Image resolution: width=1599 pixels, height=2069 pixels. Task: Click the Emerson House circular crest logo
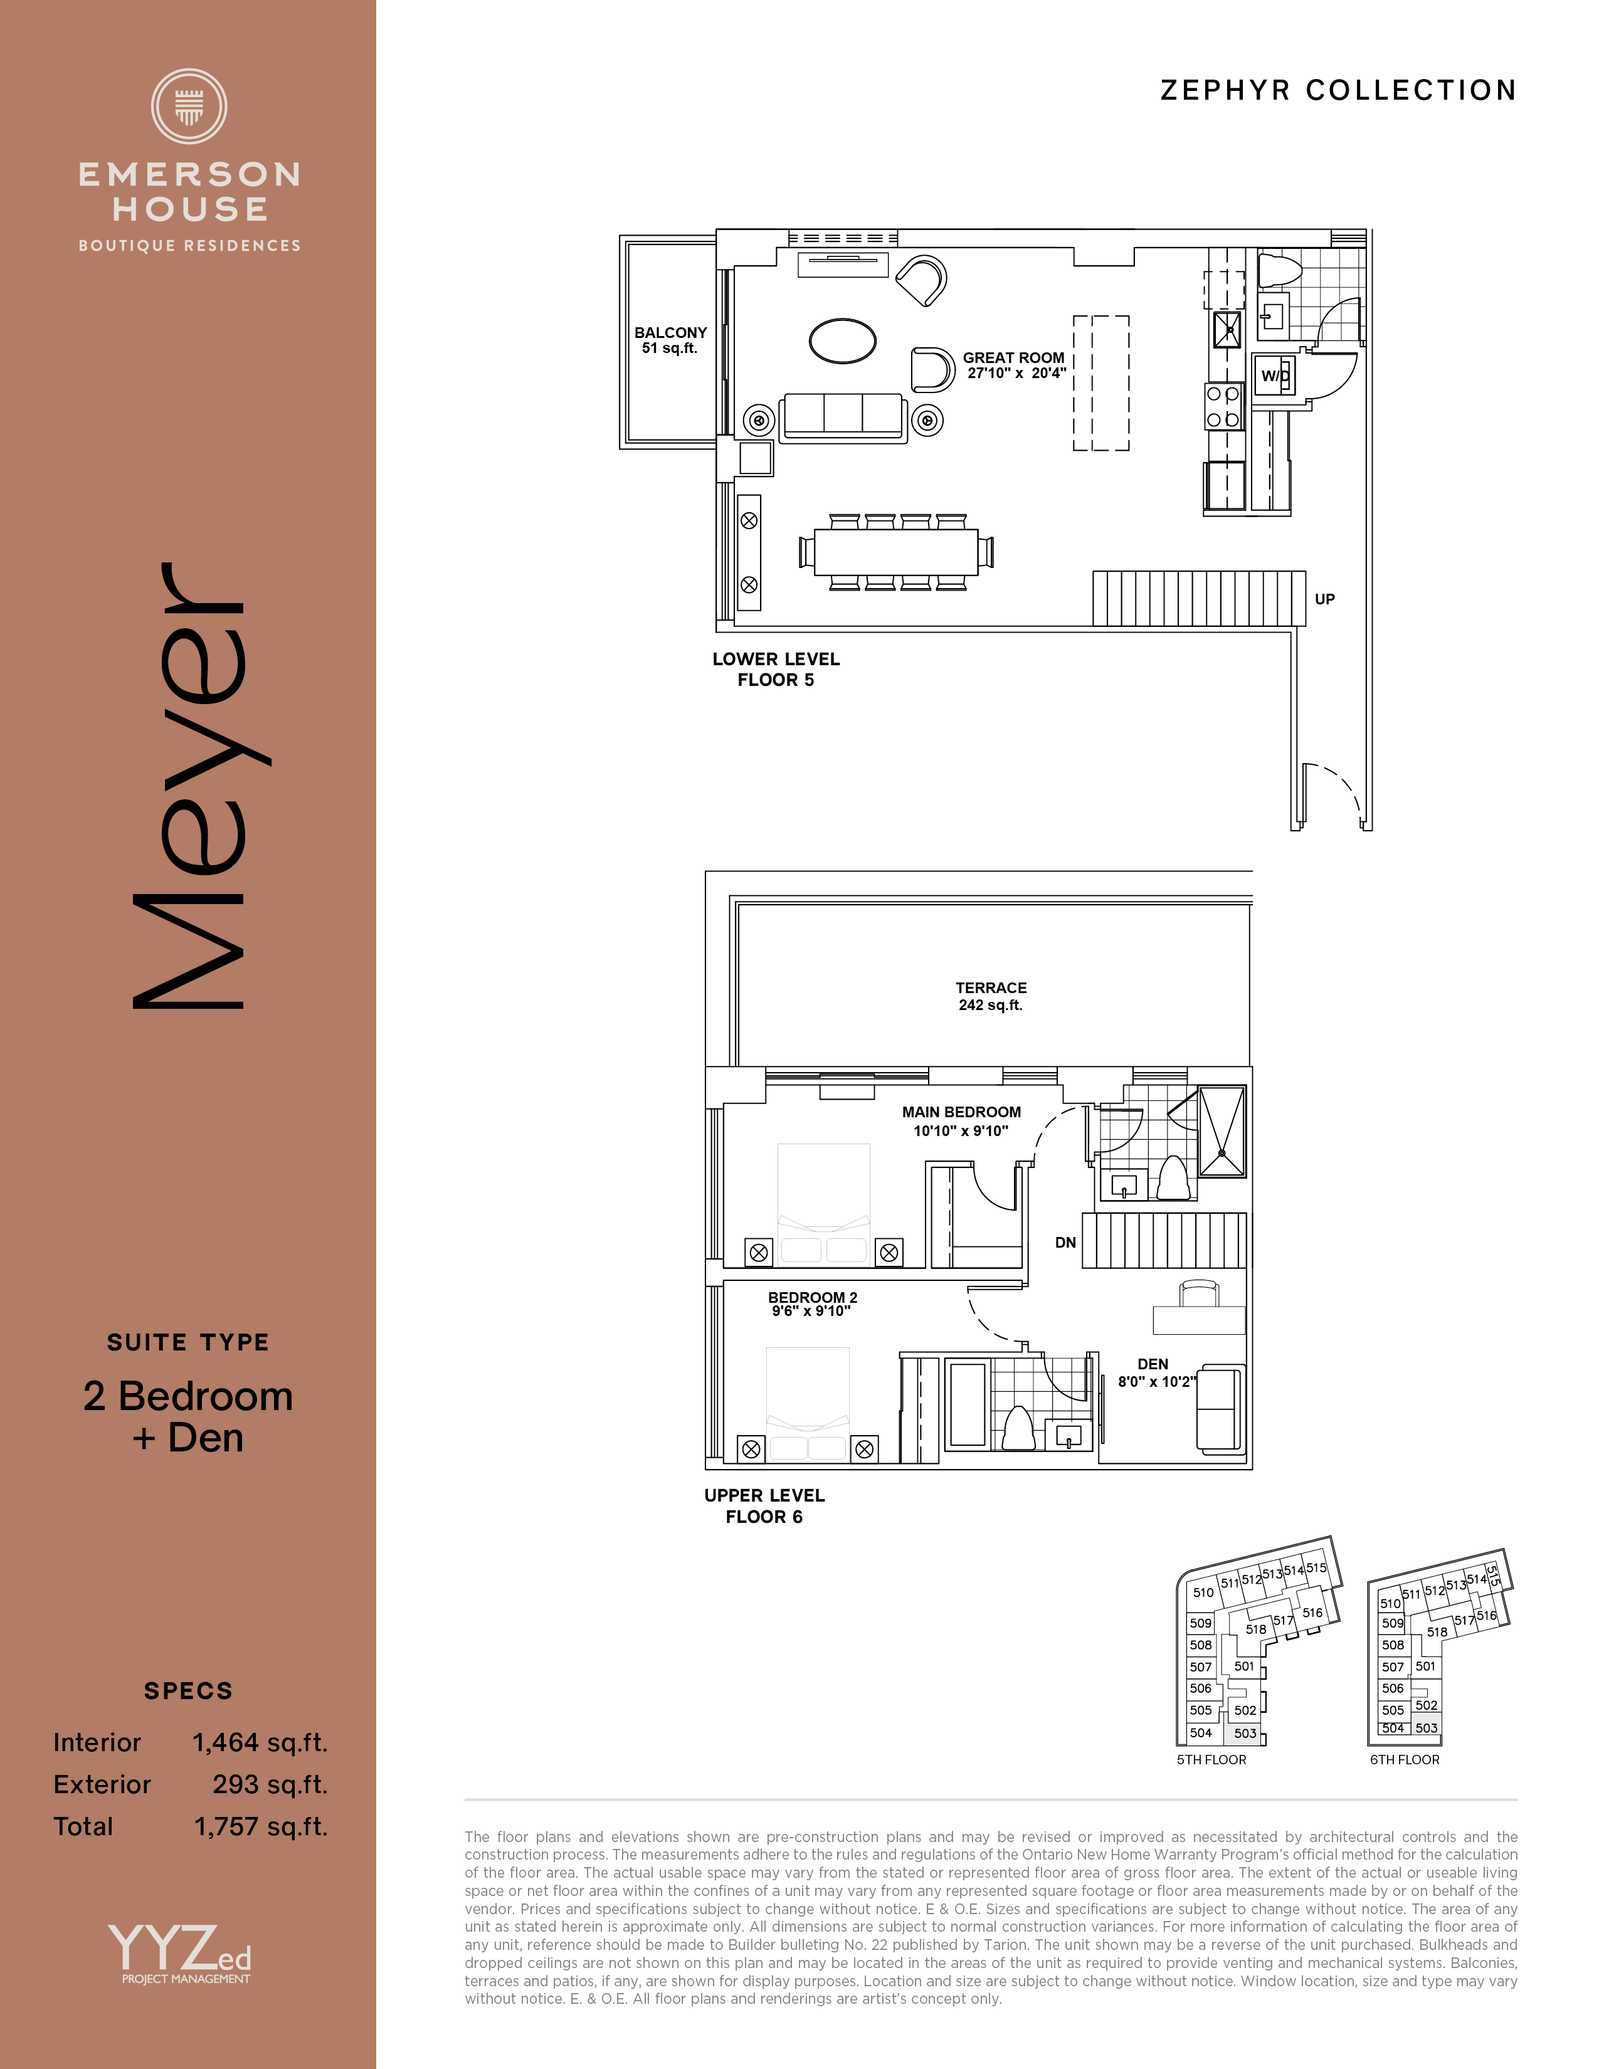[189, 106]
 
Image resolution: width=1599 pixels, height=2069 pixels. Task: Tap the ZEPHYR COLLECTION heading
[1339, 90]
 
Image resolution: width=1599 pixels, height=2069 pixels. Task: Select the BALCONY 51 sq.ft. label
[671, 340]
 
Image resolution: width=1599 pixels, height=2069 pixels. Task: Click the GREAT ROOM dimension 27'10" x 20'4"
[1016, 373]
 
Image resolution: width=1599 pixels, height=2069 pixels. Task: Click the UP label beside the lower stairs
[1324, 599]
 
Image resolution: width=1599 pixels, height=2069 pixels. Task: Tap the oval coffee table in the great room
[842, 340]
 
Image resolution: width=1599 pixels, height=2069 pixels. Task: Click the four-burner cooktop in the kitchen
[1223, 406]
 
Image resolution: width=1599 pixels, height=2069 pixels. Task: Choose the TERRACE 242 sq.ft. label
[991, 996]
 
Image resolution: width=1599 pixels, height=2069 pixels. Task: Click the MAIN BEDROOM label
[961, 1112]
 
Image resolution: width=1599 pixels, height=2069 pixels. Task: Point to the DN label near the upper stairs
[1065, 1242]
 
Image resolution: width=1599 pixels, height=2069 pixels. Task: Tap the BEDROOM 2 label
[813, 1297]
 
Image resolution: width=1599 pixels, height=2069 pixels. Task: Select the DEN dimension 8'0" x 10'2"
[1157, 1381]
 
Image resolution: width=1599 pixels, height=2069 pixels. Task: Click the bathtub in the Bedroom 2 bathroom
[967, 1404]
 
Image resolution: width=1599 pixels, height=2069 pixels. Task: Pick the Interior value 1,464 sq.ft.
[260, 1743]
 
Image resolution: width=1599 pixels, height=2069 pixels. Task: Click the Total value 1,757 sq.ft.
[260, 1826]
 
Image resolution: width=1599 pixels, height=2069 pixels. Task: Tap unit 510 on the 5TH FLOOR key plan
[1203, 1593]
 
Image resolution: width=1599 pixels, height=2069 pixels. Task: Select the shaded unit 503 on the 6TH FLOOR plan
[1427, 1728]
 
